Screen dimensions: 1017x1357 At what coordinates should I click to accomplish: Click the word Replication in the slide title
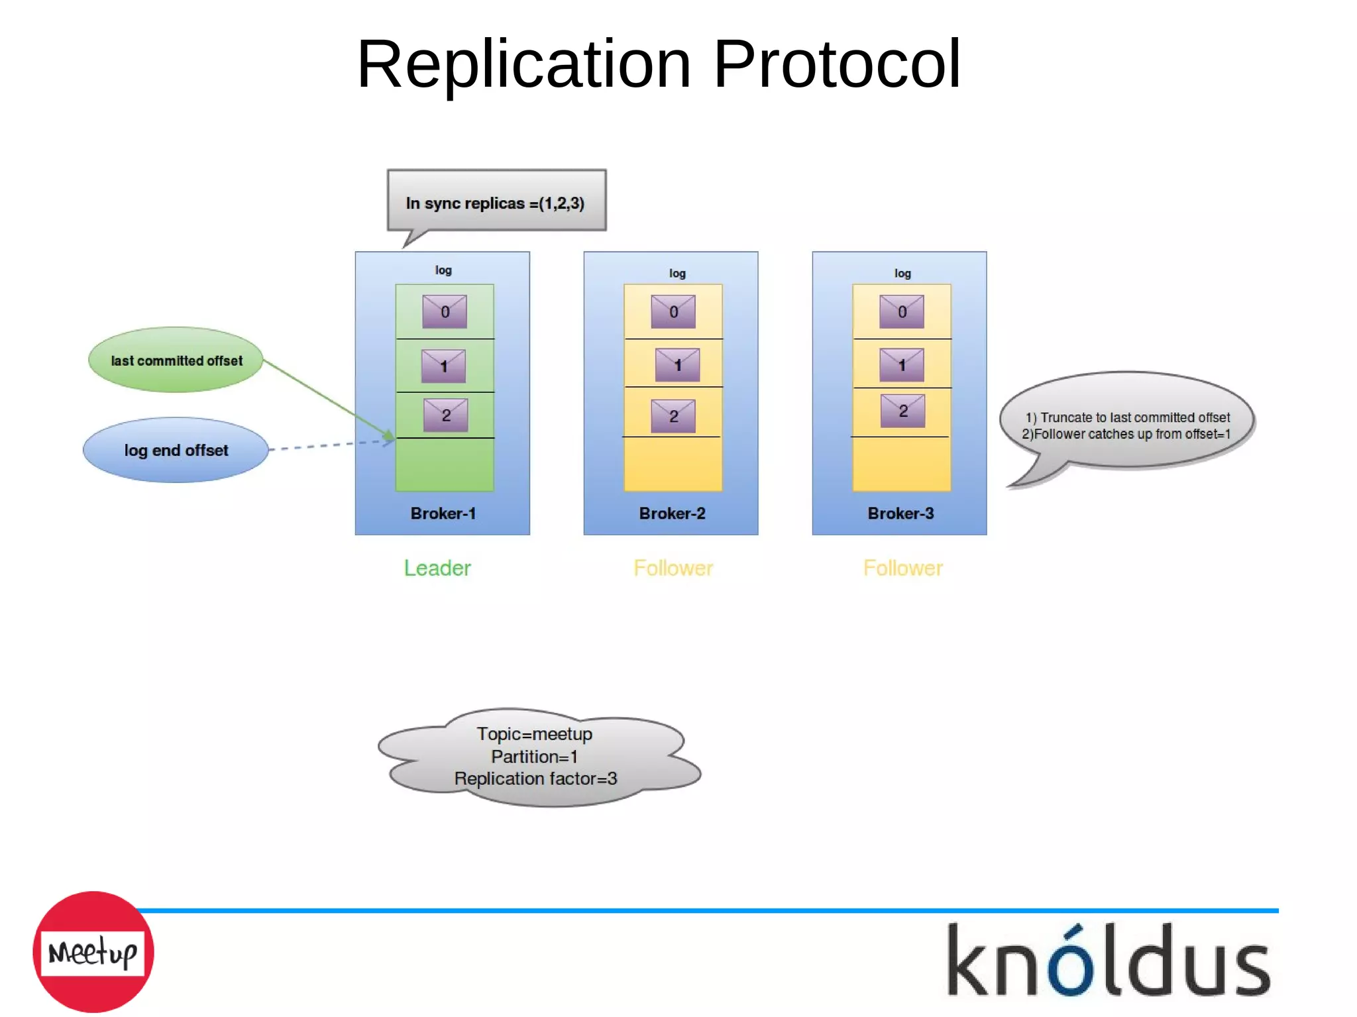(x=523, y=64)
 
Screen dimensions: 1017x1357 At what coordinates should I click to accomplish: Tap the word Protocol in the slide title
(x=837, y=64)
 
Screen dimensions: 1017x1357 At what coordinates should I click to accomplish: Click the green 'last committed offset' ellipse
(x=176, y=360)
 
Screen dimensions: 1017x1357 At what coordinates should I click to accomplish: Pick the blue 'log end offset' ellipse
(x=176, y=451)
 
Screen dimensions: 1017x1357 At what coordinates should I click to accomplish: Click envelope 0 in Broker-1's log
(x=445, y=311)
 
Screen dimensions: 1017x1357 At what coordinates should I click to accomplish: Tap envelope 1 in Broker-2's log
(x=677, y=364)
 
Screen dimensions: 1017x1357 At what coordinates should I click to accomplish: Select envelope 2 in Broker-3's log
(x=902, y=411)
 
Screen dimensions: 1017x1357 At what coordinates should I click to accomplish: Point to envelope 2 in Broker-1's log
(x=445, y=415)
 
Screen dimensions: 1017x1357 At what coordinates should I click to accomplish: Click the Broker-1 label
(x=443, y=513)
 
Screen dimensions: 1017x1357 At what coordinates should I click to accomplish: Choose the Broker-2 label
(x=672, y=513)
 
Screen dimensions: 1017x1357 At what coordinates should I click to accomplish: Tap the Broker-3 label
(x=900, y=513)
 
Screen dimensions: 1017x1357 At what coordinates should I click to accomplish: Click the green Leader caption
(x=437, y=568)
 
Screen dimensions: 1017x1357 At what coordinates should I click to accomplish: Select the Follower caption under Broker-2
(x=673, y=568)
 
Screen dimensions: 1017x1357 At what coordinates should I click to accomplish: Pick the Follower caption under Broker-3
(x=902, y=568)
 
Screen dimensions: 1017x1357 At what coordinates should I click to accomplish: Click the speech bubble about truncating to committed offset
(x=1126, y=425)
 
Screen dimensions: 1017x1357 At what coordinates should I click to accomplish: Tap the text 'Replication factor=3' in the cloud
(x=535, y=778)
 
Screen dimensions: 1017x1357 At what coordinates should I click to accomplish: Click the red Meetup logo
(x=93, y=952)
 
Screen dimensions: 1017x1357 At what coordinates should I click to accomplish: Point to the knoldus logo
(x=1109, y=961)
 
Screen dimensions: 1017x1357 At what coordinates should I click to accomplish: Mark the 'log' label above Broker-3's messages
(x=902, y=273)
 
